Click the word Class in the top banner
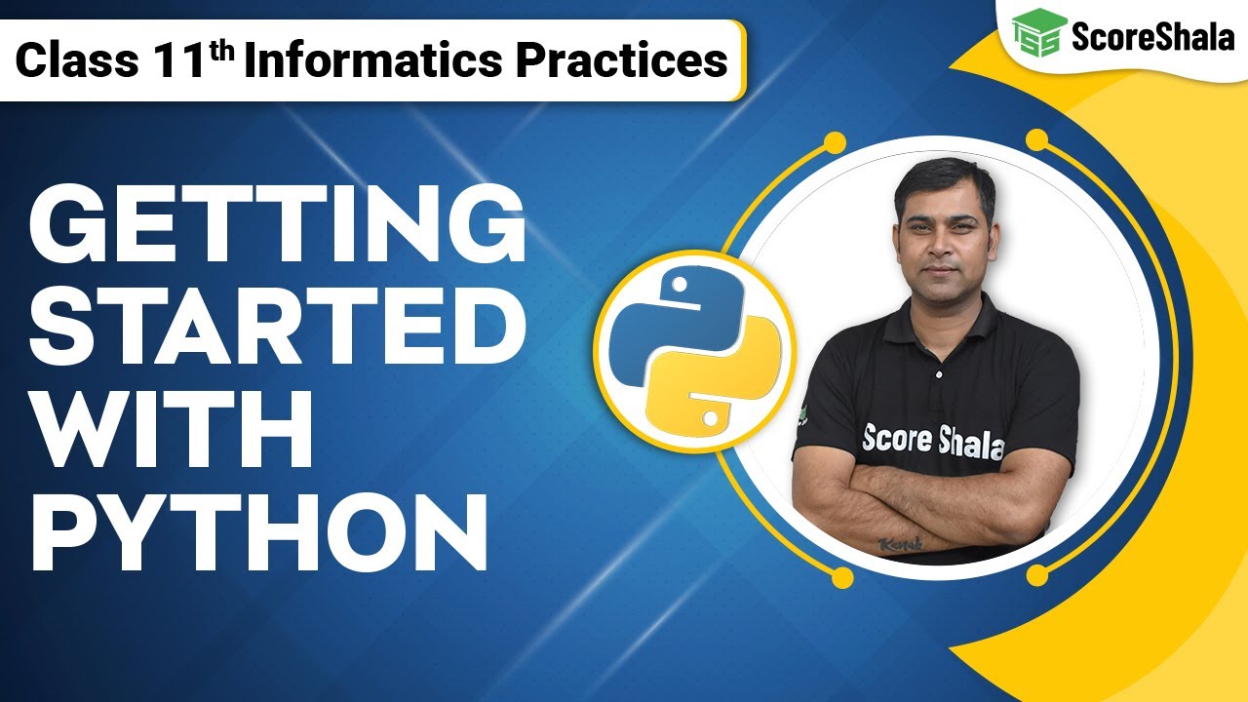[x=74, y=60]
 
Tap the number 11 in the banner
[x=173, y=60]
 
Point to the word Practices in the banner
[x=622, y=60]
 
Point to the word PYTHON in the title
[x=259, y=532]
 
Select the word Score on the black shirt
[x=896, y=440]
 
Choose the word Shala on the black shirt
[x=971, y=444]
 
